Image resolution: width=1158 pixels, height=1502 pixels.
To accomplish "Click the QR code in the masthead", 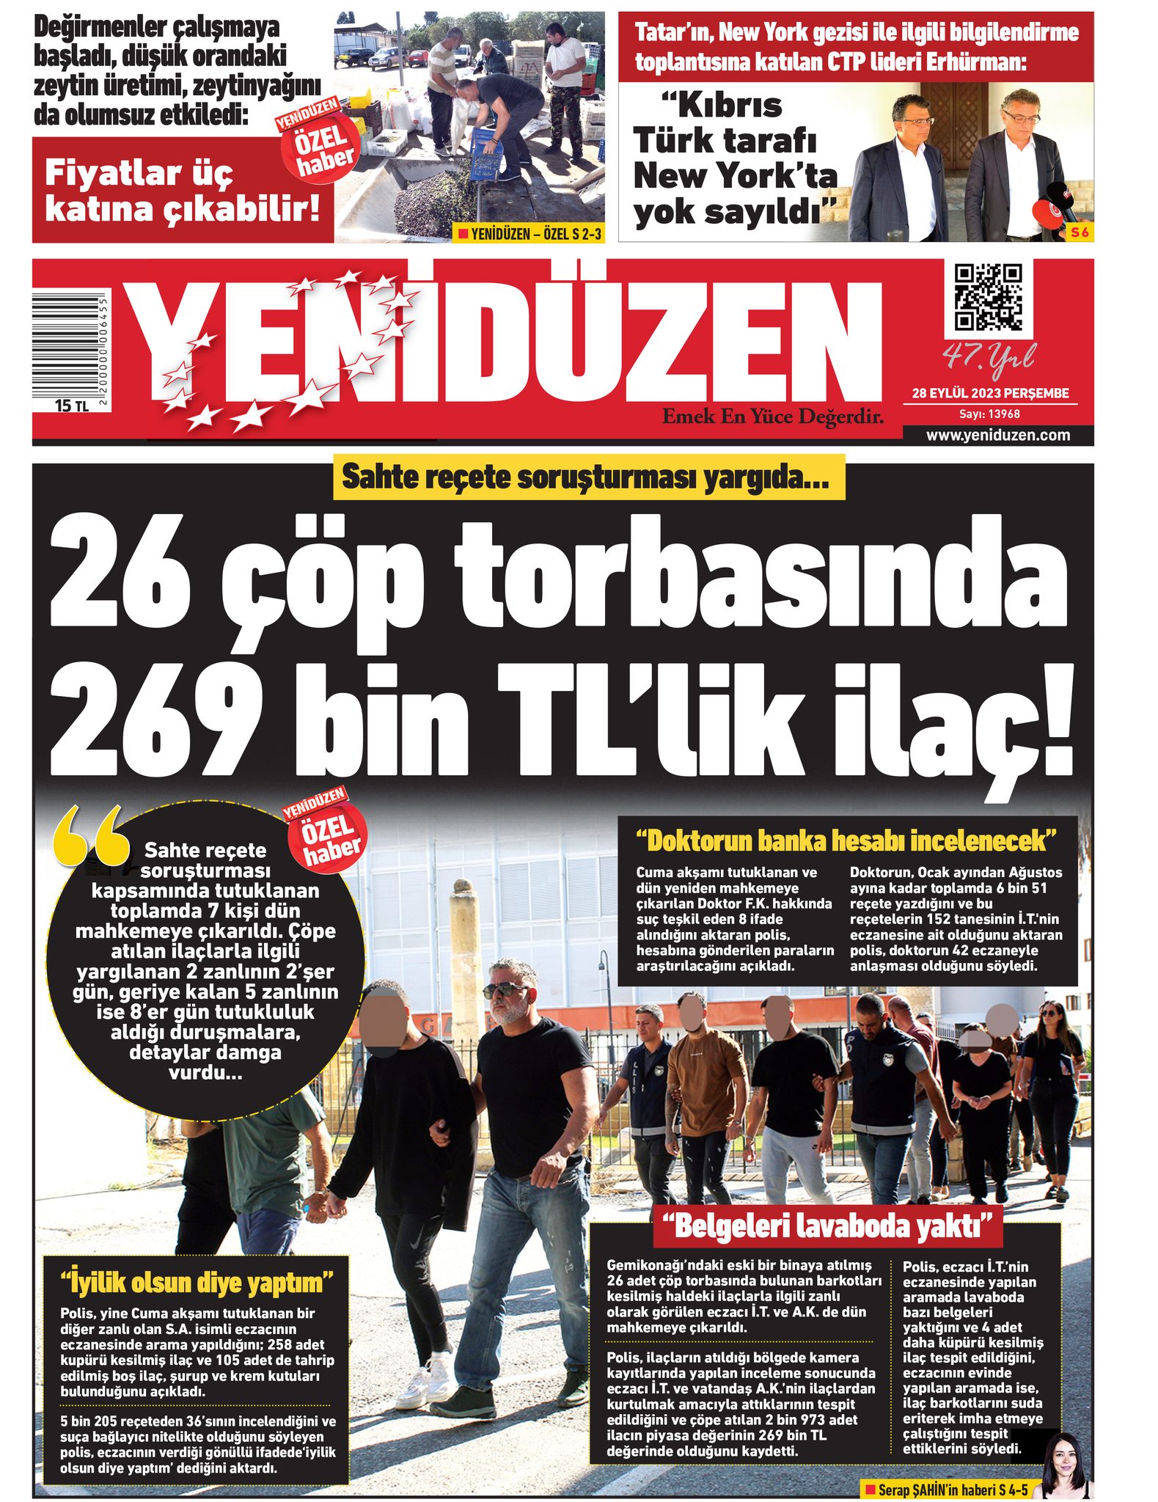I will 988,297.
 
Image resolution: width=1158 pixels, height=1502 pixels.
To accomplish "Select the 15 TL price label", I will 71,405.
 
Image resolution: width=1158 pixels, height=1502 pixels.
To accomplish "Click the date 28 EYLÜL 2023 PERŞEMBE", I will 990,393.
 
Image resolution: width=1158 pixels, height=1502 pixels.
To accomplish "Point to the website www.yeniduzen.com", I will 997,435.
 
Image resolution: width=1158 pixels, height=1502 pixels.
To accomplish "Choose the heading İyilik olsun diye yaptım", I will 196,1282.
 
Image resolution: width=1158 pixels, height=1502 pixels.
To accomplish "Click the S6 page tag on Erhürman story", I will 1080,232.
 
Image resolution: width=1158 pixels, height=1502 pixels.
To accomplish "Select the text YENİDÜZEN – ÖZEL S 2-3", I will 529,234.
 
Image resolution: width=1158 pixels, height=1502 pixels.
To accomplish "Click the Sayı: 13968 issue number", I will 989,414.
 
